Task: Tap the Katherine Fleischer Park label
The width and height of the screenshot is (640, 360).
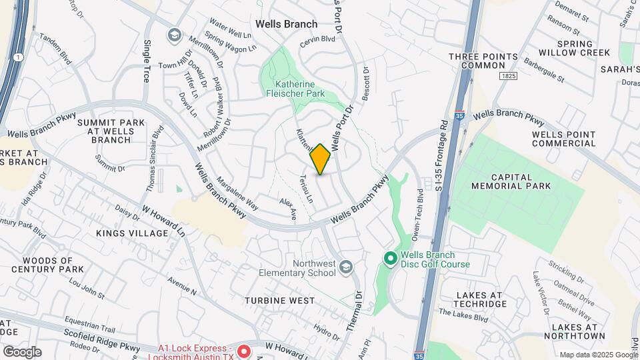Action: pos(301,89)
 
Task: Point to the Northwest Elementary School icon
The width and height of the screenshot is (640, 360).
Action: pos(345,268)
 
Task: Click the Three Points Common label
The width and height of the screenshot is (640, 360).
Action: pos(477,61)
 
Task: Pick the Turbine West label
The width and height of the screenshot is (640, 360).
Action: pos(279,301)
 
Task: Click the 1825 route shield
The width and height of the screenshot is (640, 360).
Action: pos(507,77)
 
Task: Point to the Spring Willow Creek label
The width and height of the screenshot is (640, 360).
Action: pos(584,48)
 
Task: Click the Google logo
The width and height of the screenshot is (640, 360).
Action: pos(22,352)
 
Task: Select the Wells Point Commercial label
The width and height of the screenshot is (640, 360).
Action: pos(563,139)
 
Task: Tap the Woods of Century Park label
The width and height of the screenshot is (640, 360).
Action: pos(47,265)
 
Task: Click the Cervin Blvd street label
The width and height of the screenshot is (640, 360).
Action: pos(317,39)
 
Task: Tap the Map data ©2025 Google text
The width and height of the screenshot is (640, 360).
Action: pos(597,355)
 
